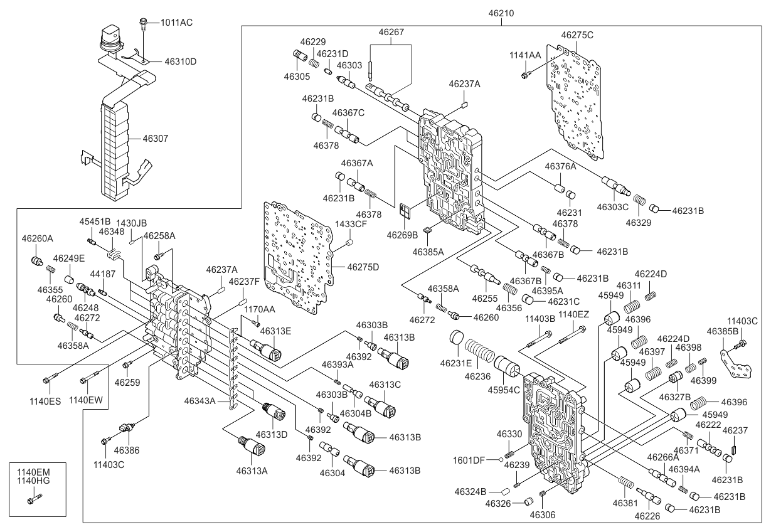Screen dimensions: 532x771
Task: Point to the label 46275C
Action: [577, 35]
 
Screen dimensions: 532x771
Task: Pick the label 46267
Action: [391, 31]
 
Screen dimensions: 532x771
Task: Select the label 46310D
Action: [181, 61]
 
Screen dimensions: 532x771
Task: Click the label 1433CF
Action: [351, 224]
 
